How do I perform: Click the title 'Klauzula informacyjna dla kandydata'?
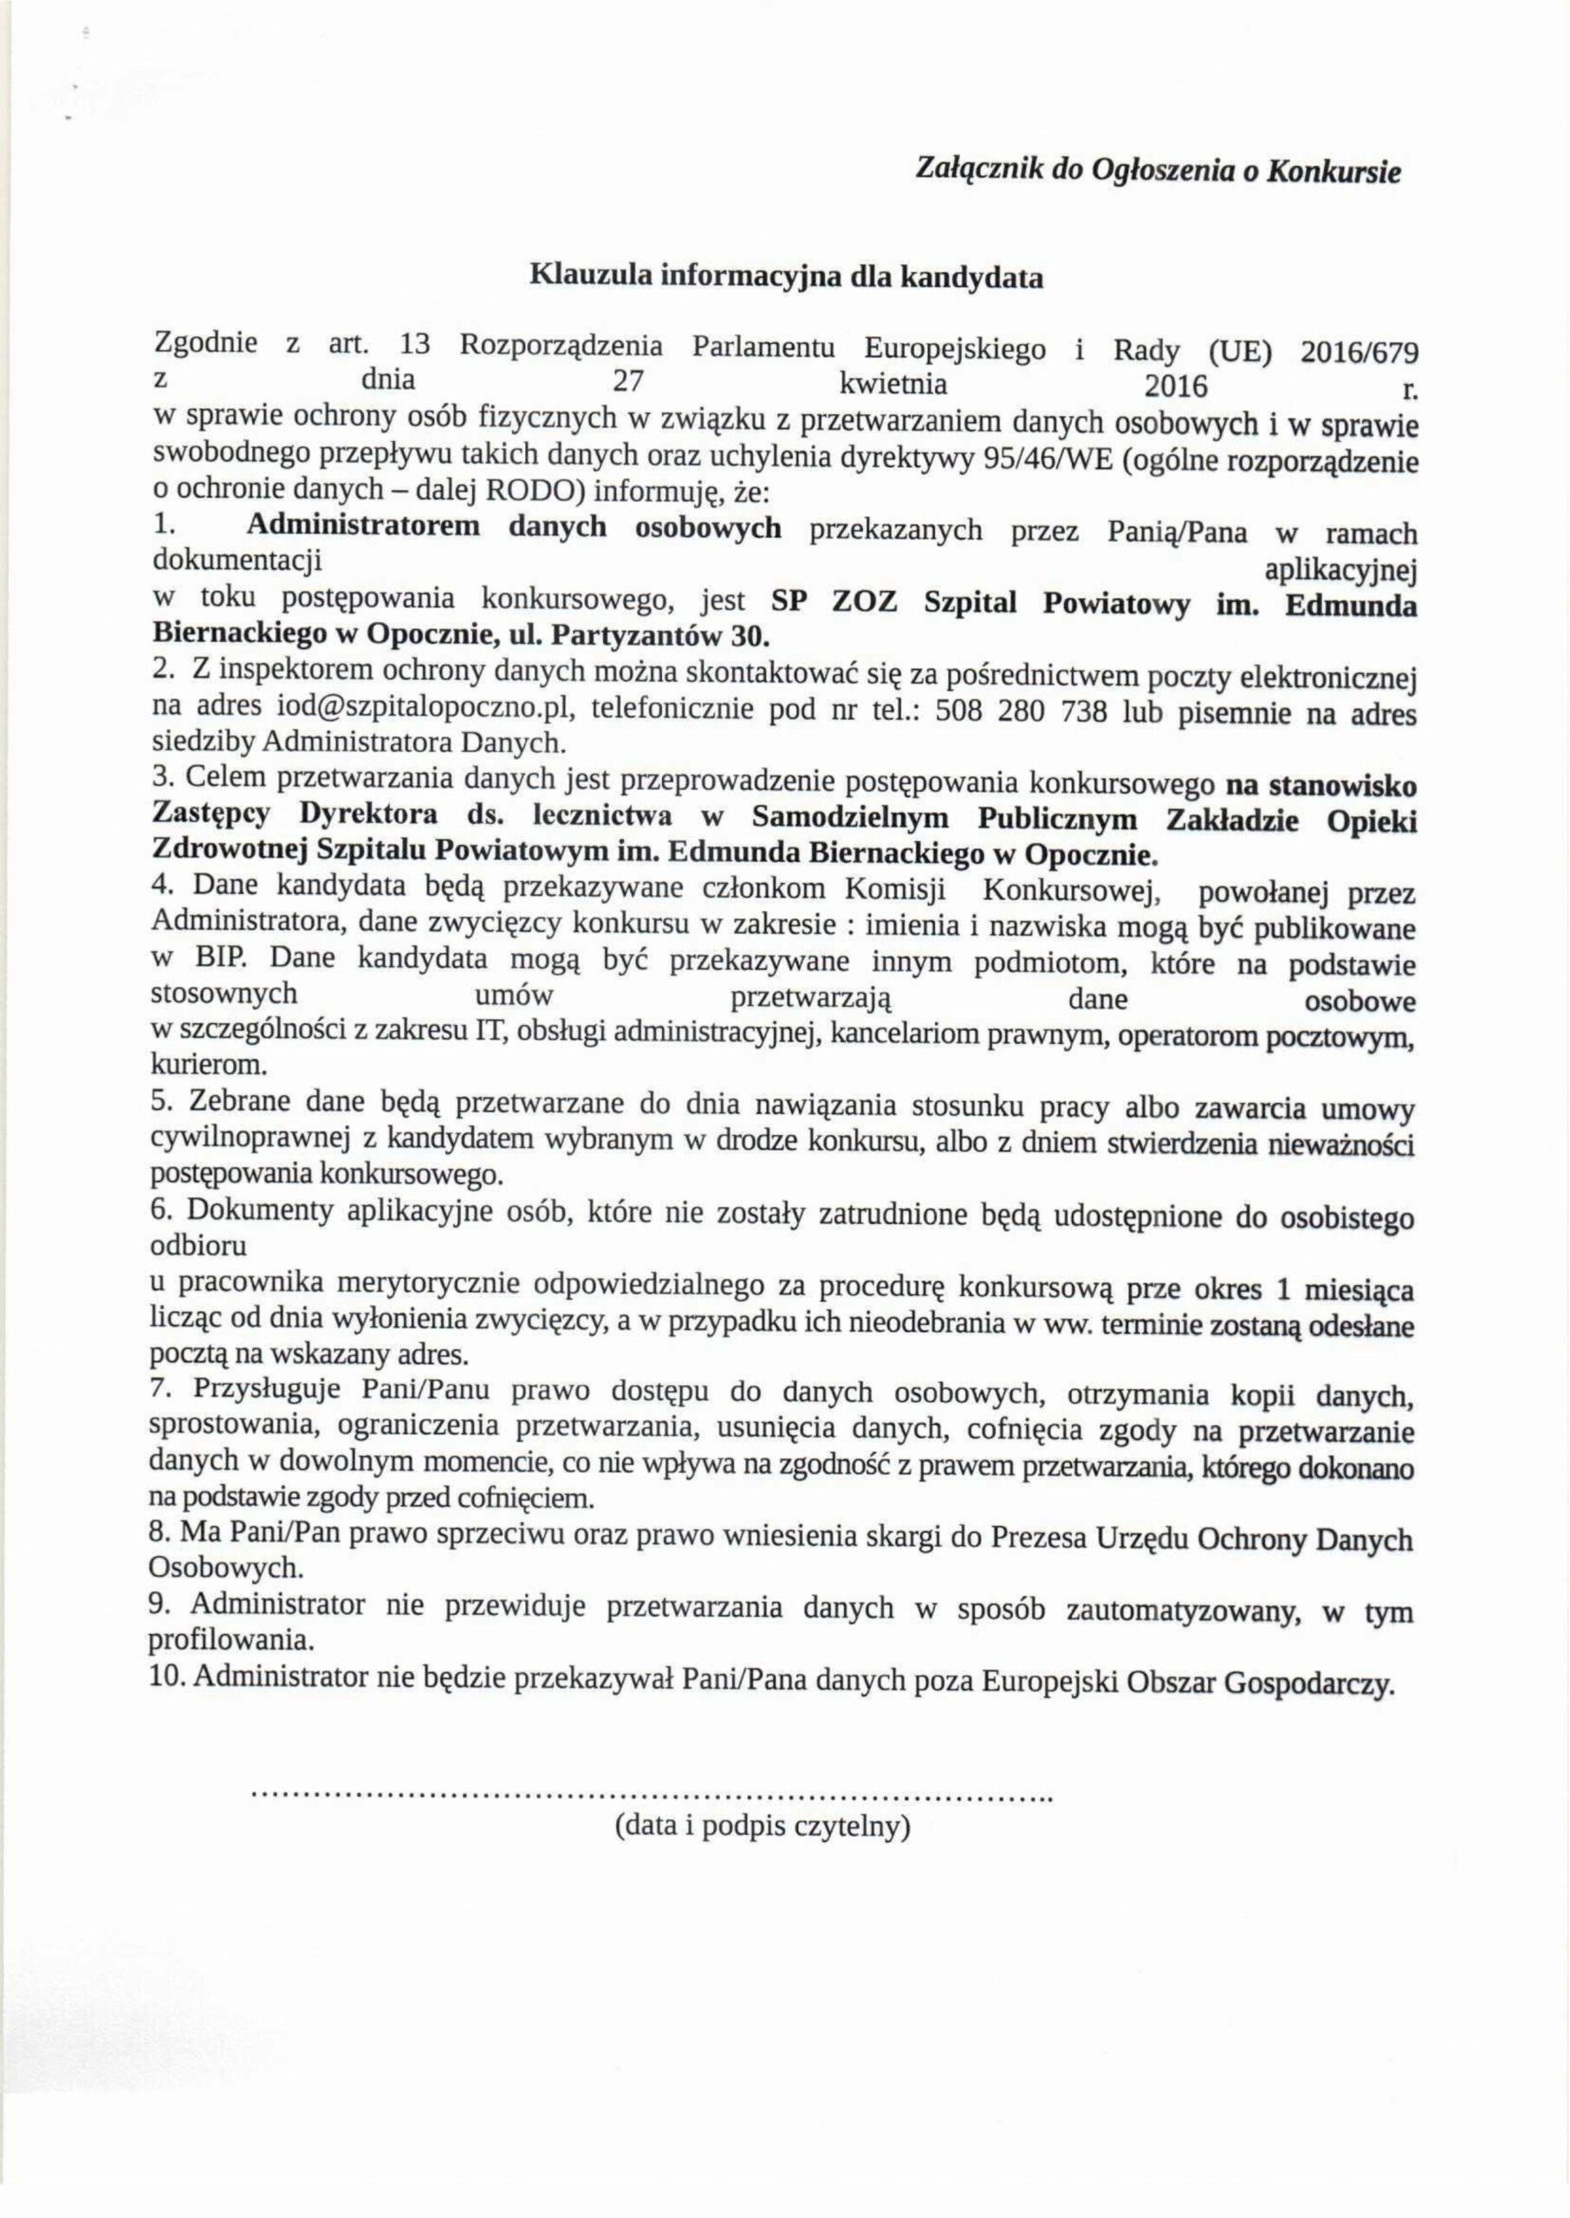click(x=786, y=277)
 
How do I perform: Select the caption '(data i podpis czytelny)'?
click(x=763, y=1826)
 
